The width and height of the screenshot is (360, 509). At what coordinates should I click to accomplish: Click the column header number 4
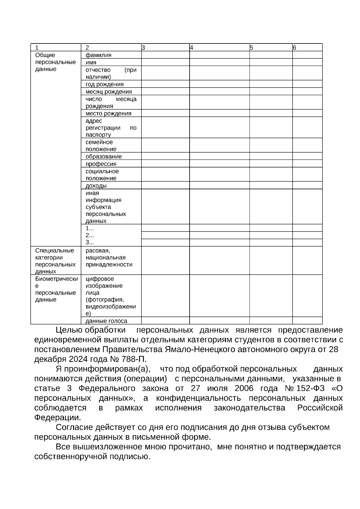click(191, 47)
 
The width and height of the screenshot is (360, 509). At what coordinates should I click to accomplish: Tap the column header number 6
click(294, 47)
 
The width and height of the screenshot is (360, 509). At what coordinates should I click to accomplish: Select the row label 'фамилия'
click(98, 55)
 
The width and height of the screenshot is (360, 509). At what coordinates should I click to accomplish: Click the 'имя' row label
click(91, 62)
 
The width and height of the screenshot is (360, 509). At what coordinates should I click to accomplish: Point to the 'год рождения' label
click(104, 84)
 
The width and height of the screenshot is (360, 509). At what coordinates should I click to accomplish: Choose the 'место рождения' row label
click(108, 113)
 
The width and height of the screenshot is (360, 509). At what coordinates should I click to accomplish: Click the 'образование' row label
click(103, 157)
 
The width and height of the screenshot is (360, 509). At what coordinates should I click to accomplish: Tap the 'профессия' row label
click(101, 164)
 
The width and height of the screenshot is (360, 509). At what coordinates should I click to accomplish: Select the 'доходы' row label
click(96, 186)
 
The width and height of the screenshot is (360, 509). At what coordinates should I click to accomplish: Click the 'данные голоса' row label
click(106, 321)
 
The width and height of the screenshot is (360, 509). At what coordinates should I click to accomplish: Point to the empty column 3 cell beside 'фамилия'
click(165, 55)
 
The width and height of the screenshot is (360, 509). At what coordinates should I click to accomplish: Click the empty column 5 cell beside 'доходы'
click(271, 186)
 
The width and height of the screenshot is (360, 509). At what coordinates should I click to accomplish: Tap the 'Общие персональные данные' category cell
click(55, 62)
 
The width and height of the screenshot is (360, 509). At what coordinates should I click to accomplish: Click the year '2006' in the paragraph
click(244, 389)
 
